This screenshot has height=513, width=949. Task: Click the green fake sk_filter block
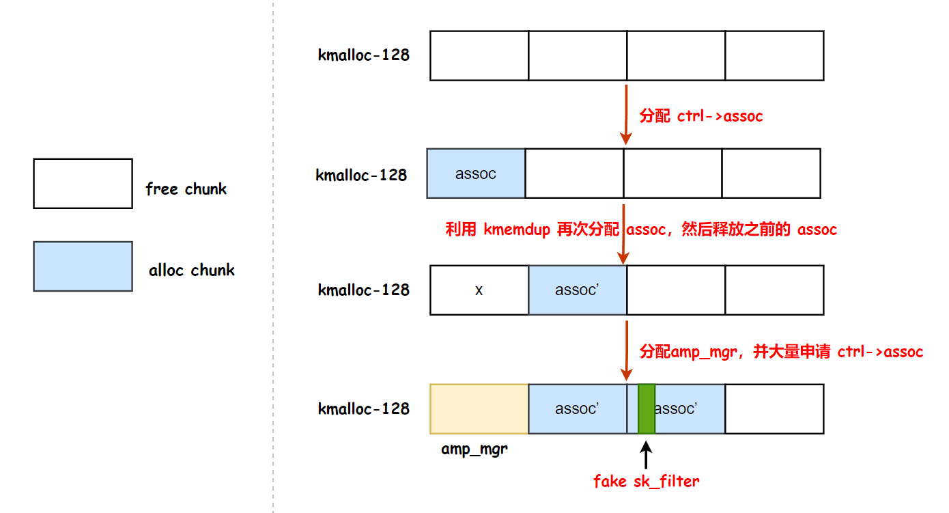pos(647,408)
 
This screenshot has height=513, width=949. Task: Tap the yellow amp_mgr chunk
pos(479,408)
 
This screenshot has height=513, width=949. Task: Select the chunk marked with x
pos(479,290)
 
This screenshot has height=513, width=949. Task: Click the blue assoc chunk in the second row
pos(476,174)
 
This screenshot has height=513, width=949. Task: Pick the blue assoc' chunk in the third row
pos(578,290)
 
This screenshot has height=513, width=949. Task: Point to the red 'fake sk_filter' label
pos(646,482)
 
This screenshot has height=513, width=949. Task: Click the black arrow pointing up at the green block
pos(646,454)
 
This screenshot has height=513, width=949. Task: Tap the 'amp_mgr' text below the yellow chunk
pos(474,449)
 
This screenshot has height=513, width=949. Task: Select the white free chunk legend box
pos(83,184)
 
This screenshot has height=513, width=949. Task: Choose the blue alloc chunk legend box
pos(83,266)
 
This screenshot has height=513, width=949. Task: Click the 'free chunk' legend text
pos(186,189)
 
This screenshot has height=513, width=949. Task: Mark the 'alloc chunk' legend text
pos(191,271)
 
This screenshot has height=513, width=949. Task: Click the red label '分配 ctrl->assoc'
pos(700,116)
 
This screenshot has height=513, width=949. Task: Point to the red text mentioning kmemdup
pos(641,230)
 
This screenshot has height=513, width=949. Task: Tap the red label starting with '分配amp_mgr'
pos(781,352)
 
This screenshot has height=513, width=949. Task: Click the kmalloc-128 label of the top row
pos(364,55)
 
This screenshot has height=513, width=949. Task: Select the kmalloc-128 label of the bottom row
pos(364,409)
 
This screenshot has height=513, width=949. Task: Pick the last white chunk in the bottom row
pos(774,408)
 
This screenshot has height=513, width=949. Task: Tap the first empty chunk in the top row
pos(479,55)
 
